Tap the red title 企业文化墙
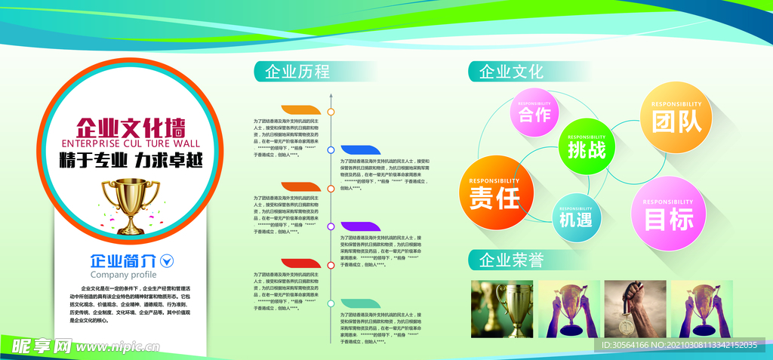tap(131, 126)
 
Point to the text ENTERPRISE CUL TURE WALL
tap(131, 143)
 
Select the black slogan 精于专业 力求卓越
tap(131, 161)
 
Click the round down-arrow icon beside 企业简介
tap(168, 261)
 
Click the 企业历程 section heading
tap(297, 72)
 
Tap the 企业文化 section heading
tap(511, 72)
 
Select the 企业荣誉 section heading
tap(511, 260)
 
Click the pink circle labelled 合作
tap(535, 114)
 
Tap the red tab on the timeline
tap(301, 263)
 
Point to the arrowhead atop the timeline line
tap(331, 96)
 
